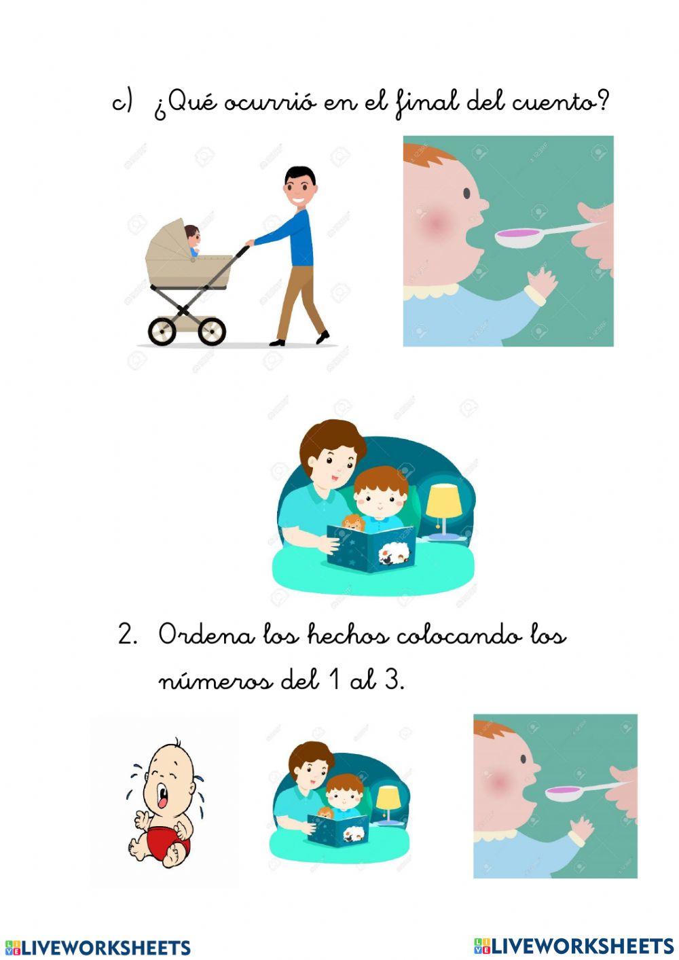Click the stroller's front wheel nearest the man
point(212,331)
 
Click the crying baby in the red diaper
point(163,802)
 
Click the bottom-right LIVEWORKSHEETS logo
point(574,945)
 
